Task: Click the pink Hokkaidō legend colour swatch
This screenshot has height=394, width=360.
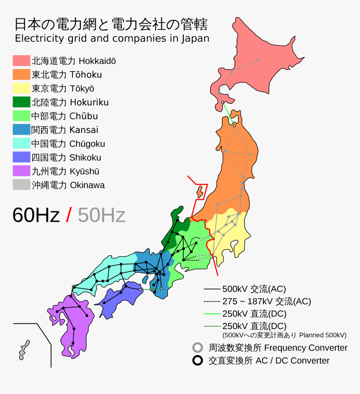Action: pos(21,61)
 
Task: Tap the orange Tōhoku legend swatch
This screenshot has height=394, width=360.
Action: pos(21,75)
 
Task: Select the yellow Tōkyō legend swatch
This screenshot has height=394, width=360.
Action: pos(21,89)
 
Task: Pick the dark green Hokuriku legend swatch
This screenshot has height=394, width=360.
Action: pos(21,102)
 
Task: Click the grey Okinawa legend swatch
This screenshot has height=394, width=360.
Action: pos(21,185)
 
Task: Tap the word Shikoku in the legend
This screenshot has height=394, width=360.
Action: pos(85,158)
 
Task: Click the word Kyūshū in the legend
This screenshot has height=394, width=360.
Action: pos(85,171)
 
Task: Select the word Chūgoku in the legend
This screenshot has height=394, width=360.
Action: pos(87,144)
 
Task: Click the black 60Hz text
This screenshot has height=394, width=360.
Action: pos(36,215)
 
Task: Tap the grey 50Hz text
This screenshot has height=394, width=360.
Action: pos(101,215)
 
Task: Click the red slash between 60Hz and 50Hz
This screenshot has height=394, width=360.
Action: pos(69,215)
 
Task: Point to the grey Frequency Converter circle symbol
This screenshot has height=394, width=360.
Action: pos(198,348)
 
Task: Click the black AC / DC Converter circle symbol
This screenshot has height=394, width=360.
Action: pos(198,361)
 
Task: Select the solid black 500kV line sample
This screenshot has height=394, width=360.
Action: pos(212,289)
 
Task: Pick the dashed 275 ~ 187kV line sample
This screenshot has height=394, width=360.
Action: pos(212,302)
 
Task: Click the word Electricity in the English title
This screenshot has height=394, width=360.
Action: pos(35,39)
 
